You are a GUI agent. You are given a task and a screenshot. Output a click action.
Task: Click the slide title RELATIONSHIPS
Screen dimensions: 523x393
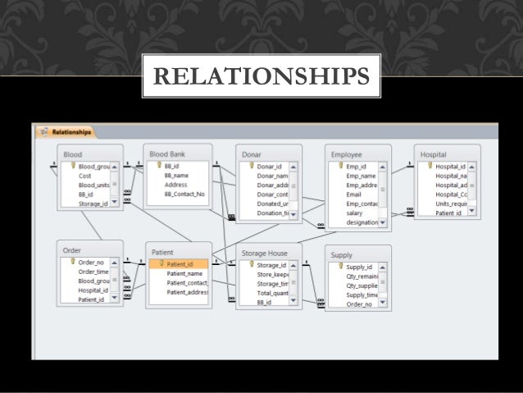pos(261,76)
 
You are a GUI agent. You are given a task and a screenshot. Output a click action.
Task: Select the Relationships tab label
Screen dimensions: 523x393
pos(70,131)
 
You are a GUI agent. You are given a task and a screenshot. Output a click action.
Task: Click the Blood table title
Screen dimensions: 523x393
pos(72,153)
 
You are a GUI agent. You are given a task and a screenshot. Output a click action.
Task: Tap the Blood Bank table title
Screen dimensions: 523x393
pos(167,153)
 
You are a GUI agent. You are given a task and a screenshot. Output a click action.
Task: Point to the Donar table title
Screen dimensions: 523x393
pos(252,154)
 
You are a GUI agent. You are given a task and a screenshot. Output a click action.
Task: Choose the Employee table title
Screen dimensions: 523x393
pos(346,154)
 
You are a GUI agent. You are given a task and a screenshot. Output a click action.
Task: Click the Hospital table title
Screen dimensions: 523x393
pos(434,154)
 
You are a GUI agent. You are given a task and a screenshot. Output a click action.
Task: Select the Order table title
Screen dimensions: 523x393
pos(71,250)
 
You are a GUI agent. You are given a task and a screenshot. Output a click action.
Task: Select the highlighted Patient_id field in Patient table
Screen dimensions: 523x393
pos(180,264)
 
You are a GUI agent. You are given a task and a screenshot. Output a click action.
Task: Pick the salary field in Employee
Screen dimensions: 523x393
pos(354,212)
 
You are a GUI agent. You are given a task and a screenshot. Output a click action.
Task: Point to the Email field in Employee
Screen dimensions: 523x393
pos(354,194)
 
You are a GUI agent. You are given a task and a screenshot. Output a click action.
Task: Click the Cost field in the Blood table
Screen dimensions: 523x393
pos(84,176)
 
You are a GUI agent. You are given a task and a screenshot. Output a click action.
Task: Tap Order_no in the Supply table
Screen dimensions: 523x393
pos(359,304)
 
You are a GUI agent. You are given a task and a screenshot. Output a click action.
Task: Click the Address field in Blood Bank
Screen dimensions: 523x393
pos(175,185)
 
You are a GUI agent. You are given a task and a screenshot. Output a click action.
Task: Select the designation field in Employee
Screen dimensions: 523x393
pos(362,222)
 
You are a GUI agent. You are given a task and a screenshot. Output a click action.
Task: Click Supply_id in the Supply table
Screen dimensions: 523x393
pos(359,267)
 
